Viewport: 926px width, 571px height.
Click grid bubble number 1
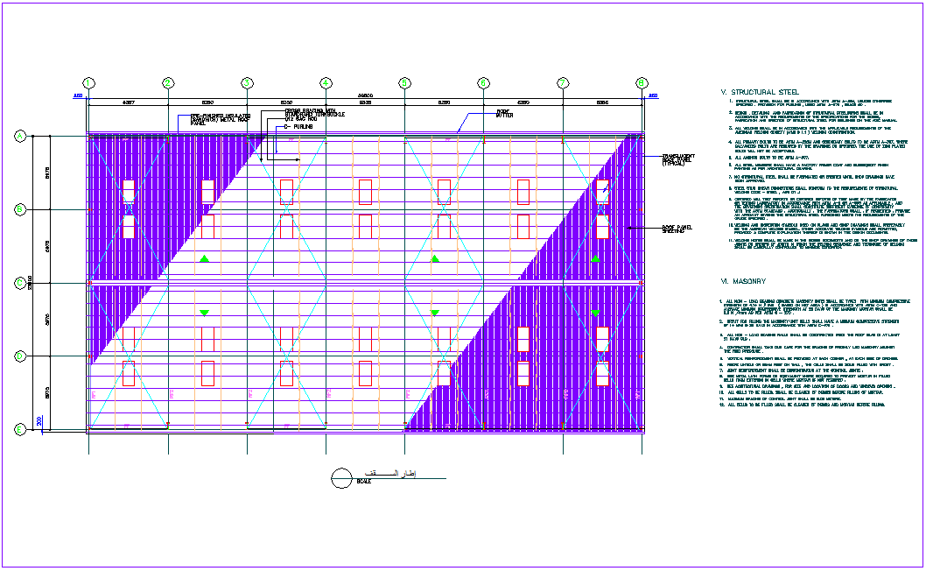[88, 83]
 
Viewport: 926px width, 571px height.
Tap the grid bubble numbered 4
[326, 83]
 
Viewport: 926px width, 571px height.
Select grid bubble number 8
[642, 83]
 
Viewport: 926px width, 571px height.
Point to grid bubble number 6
[483, 83]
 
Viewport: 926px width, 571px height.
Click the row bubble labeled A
[19, 136]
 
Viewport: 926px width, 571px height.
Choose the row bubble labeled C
[19, 283]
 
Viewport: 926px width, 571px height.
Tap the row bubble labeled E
[19, 429]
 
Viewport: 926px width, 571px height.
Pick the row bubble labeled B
[19, 209]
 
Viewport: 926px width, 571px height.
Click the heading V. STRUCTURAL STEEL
[759, 91]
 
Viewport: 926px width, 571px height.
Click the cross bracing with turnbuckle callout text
[314, 114]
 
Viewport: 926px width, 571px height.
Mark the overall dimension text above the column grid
[365, 95]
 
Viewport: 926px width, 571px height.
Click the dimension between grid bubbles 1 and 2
[128, 102]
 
